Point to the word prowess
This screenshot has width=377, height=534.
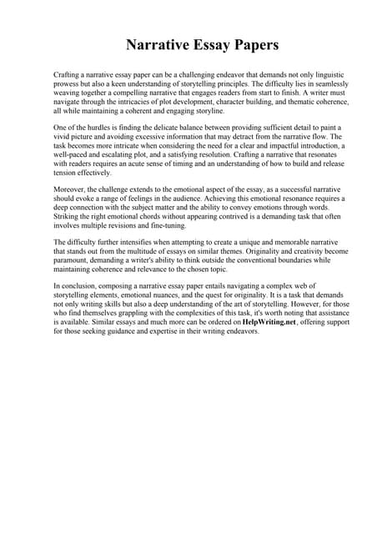68,84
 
